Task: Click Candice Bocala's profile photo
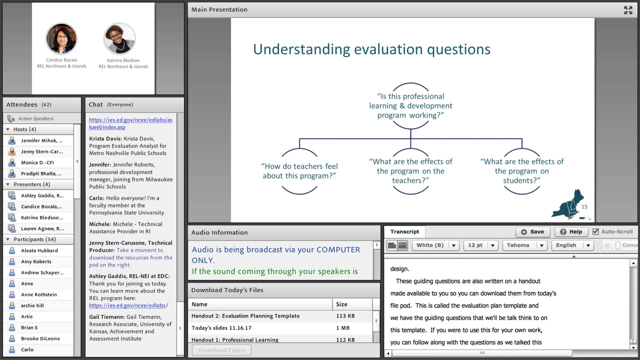(x=61, y=38)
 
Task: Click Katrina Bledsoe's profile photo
(x=119, y=38)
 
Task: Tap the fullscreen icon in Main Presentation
(x=628, y=10)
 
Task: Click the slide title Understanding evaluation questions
(x=371, y=49)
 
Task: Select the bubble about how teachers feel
(x=299, y=171)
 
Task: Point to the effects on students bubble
(x=521, y=171)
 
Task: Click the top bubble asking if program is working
(x=410, y=105)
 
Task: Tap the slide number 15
(x=584, y=206)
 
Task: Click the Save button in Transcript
(x=532, y=232)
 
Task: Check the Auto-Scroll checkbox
(x=595, y=232)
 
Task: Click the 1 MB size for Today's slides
(x=342, y=328)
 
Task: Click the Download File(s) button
(x=221, y=350)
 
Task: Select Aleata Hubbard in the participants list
(x=39, y=250)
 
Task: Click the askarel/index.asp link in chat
(x=130, y=123)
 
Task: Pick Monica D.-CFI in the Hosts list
(x=37, y=162)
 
